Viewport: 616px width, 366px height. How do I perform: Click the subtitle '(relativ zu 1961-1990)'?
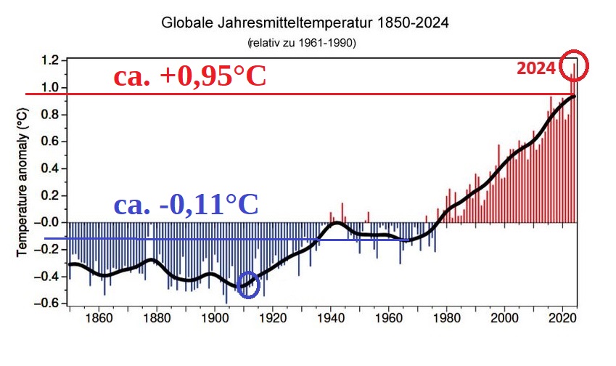coord(302,44)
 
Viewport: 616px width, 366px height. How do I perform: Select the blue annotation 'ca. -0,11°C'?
coord(186,205)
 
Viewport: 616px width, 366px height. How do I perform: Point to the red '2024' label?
coord(535,68)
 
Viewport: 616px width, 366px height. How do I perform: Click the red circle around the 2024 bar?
coord(574,65)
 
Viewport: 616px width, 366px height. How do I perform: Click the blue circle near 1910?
coord(249,284)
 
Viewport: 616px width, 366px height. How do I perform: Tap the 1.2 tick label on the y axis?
coord(50,61)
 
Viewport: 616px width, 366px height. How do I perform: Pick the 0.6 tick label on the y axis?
coord(50,142)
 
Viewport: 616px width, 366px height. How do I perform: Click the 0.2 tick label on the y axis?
coord(50,195)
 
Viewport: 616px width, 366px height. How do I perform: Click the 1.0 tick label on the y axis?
coord(50,88)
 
